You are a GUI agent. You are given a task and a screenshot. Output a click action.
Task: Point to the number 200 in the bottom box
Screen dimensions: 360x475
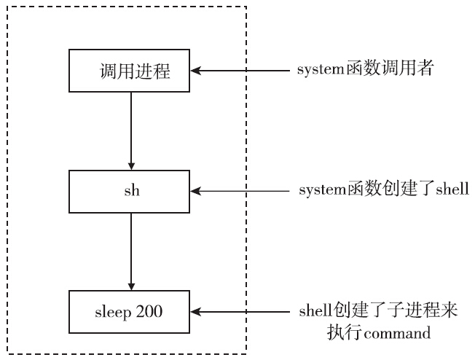click(148, 312)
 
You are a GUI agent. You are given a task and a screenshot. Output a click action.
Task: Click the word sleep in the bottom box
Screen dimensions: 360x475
click(115, 312)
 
